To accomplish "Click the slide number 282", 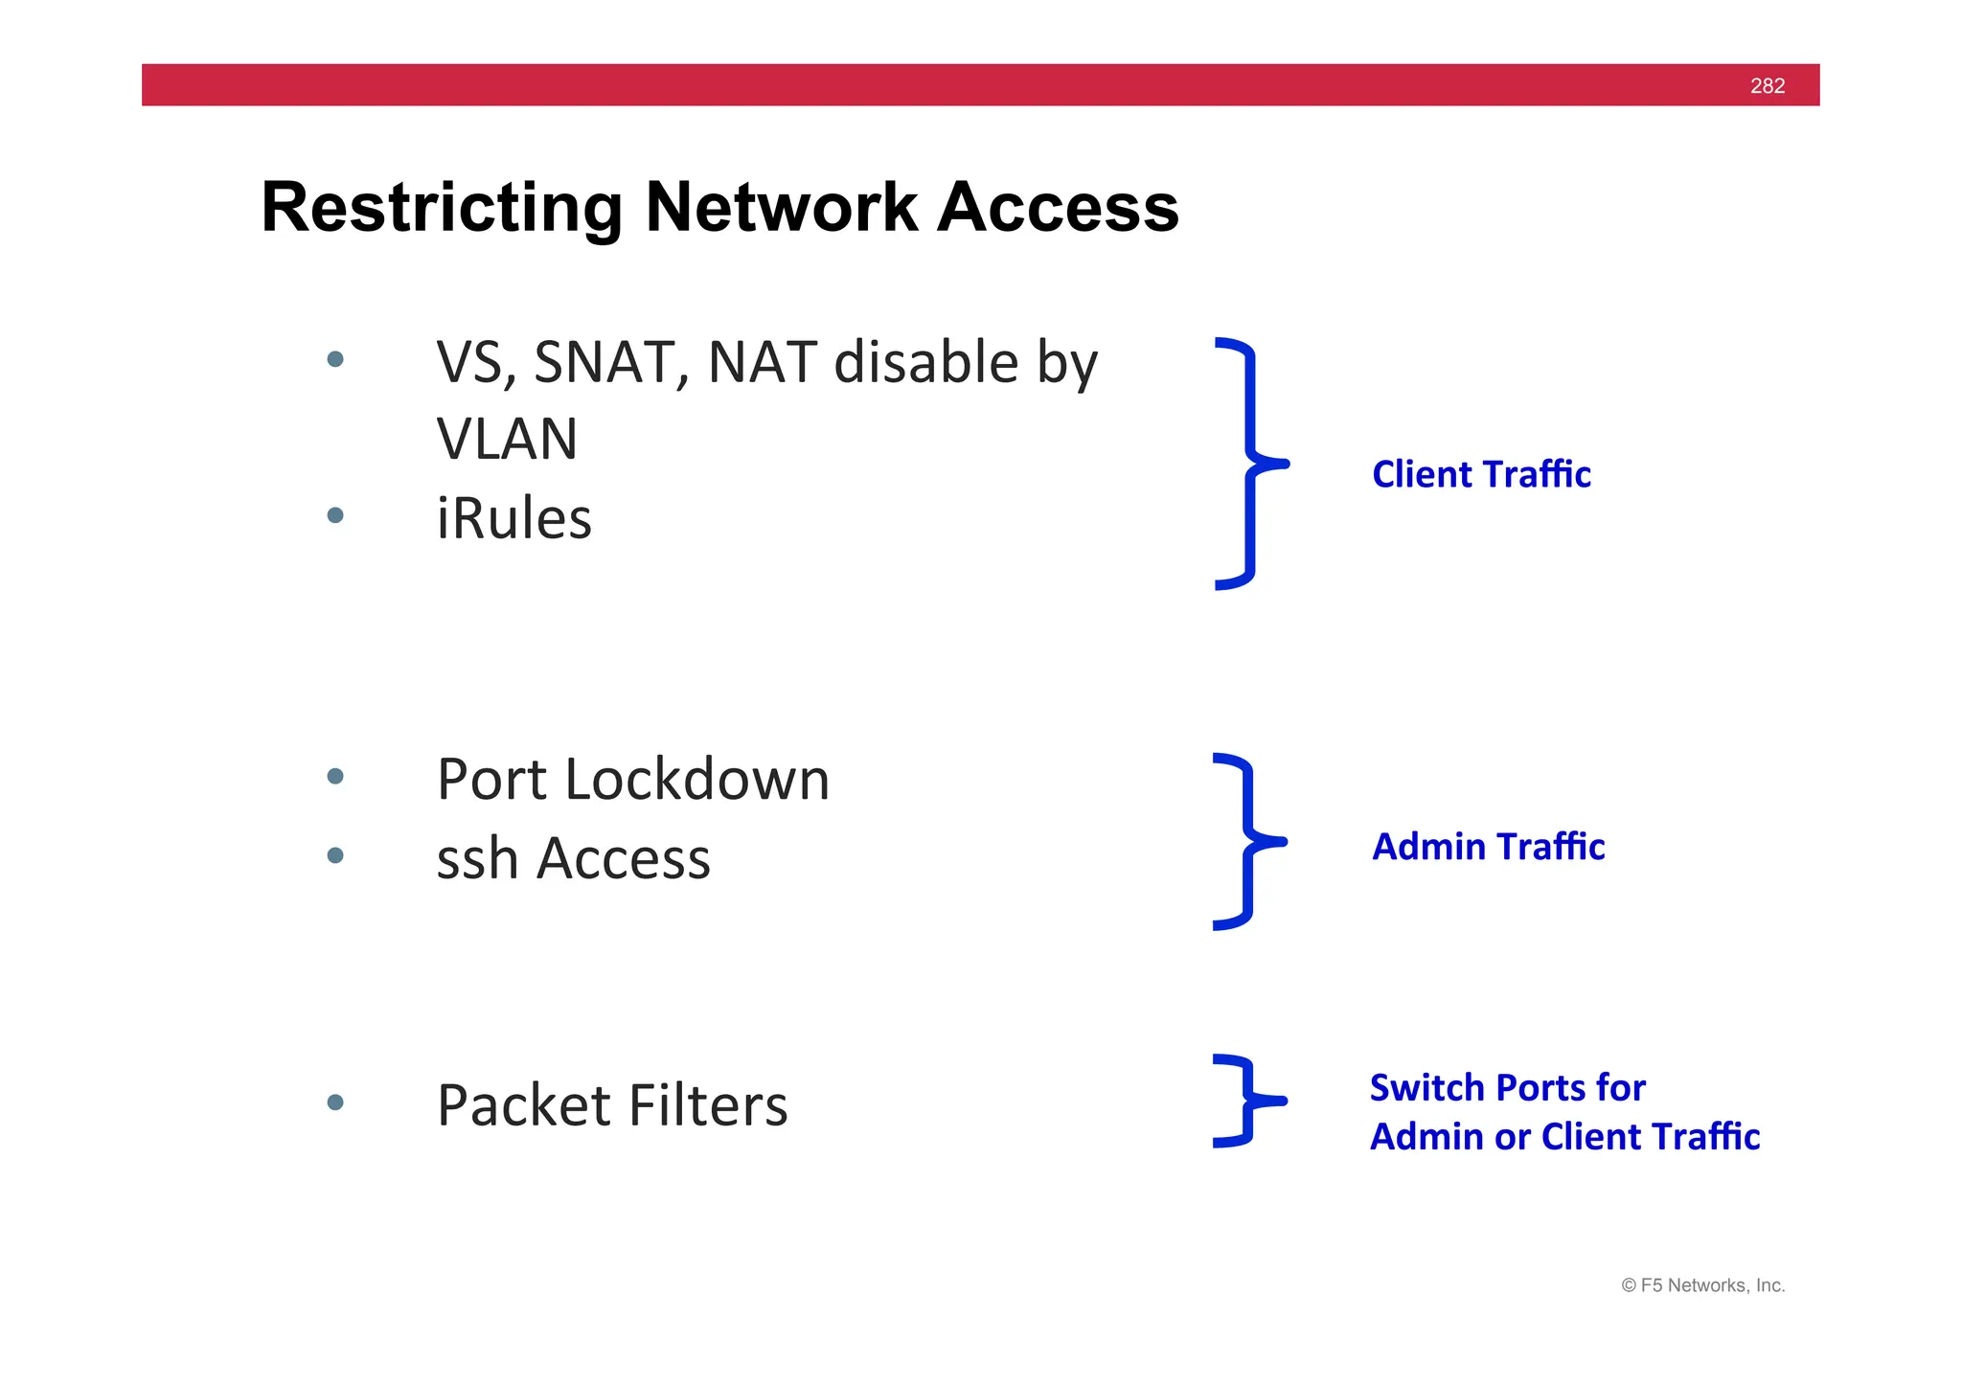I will [x=1767, y=86].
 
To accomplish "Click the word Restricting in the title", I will [x=442, y=208].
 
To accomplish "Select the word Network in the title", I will [x=782, y=208].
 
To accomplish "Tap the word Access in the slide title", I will [x=1058, y=208].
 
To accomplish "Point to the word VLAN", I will [x=507, y=440].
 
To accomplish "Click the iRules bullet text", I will [x=513, y=519].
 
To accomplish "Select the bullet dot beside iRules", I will [x=335, y=515].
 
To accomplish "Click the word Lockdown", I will [x=696, y=779].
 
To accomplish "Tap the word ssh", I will [x=477, y=858].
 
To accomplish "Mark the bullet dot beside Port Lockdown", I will [x=335, y=776].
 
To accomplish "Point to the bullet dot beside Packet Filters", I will [x=335, y=1102].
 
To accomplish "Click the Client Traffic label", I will [x=1481, y=475].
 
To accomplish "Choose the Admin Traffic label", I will [x=1488, y=847].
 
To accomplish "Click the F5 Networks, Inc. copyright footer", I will [x=1702, y=1285].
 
